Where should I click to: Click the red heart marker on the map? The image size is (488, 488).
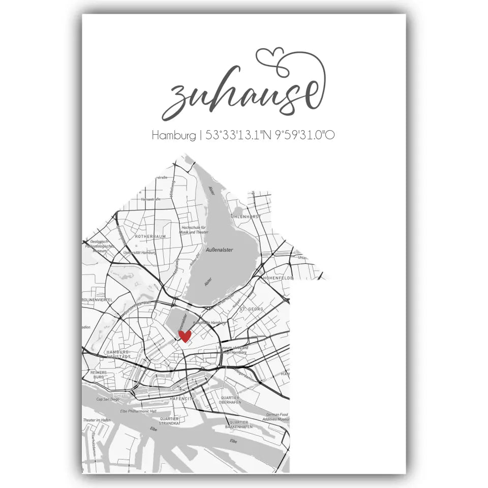point(185,336)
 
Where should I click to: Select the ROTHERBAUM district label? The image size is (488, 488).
point(147,237)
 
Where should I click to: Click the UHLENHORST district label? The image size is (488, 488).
point(246,216)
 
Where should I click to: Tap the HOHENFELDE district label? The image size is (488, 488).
point(276,279)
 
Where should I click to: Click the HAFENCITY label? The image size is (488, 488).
point(182,400)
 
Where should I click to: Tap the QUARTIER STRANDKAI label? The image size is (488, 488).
point(169,420)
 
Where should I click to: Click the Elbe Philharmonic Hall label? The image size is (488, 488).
point(124,411)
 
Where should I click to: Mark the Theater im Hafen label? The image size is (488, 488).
point(97,420)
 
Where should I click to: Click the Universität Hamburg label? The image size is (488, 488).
point(140,252)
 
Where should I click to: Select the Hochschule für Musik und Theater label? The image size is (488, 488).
point(194,229)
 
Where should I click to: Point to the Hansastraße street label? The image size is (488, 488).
point(150,199)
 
